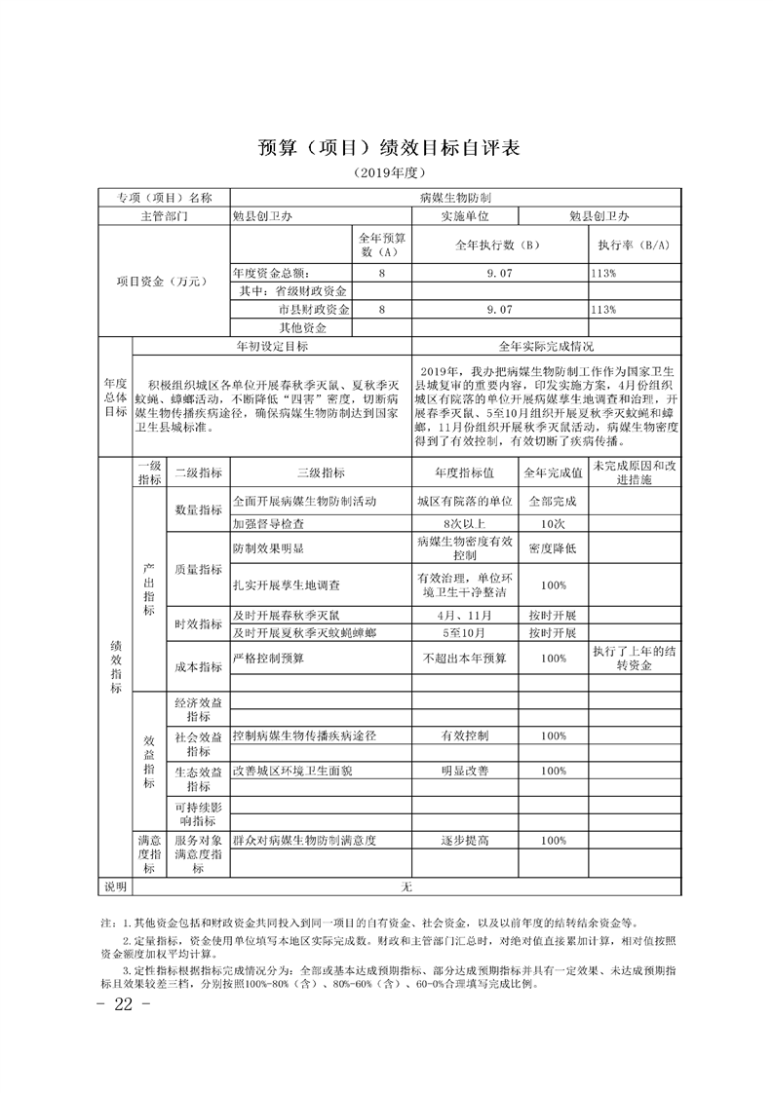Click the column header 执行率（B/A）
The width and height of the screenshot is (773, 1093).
(x=634, y=245)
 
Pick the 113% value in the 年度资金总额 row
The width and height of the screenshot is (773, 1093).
(x=603, y=274)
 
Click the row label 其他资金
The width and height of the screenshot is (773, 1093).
(x=303, y=327)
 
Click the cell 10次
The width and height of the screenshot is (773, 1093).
(x=554, y=522)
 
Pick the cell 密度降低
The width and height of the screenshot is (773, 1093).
(x=554, y=548)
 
